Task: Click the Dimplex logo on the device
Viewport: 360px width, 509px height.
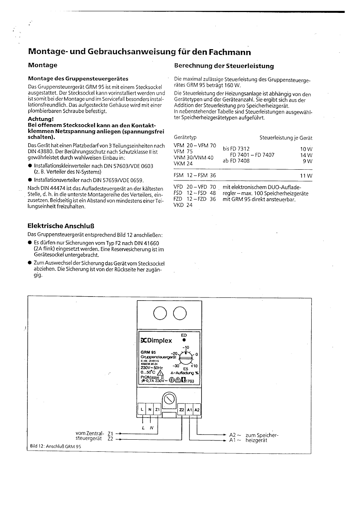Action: click(x=156, y=341)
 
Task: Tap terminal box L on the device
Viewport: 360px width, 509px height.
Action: click(x=142, y=410)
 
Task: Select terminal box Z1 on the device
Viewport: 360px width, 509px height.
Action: click(x=158, y=410)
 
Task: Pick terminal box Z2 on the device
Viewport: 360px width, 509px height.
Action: click(x=181, y=410)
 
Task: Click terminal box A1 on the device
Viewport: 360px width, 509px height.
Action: click(x=189, y=410)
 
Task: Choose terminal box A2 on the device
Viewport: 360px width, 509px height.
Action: click(x=197, y=410)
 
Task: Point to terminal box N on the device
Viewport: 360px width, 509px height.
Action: click(x=150, y=410)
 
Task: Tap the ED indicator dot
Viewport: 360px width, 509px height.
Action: click(x=184, y=340)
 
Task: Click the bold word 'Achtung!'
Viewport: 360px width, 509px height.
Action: click(x=40, y=119)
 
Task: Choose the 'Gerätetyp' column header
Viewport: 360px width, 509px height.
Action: click(x=185, y=138)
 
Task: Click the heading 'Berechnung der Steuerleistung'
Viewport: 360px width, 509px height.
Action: click(x=224, y=66)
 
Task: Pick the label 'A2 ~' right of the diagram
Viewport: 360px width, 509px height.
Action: click(x=235, y=435)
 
